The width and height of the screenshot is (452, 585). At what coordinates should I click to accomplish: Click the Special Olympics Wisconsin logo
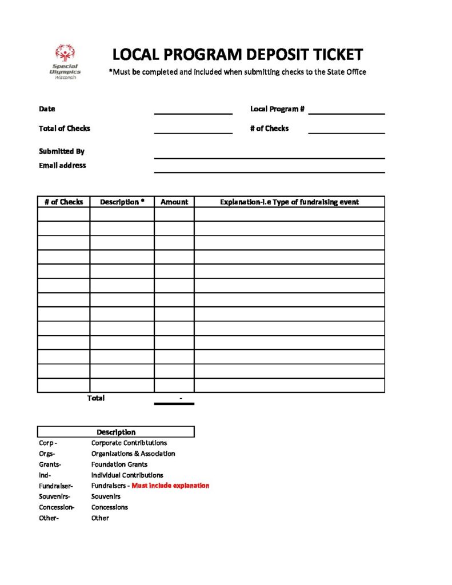click(65, 61)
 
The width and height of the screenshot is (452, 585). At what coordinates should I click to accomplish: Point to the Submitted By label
click(62, 151)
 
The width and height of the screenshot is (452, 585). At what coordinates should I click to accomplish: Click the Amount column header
click(174, 202)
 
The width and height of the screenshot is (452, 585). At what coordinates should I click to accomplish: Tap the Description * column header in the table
click(122, 202)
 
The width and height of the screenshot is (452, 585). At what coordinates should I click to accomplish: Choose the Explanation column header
click(289, 202)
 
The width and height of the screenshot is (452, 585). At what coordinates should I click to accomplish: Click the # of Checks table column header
click(63, 202)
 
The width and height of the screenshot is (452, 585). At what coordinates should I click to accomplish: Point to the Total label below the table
click(96, 398)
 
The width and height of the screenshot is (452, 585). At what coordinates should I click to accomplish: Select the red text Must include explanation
click(170, 486)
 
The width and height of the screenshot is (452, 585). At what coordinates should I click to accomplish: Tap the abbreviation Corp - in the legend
click(48, 443)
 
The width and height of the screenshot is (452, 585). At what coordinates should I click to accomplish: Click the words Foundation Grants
click(119, 464)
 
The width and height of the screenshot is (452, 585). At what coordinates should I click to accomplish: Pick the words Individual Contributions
click(127, 475)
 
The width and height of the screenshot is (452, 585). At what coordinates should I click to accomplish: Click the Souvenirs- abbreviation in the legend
click(55, 496)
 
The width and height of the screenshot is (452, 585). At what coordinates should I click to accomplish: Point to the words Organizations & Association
click(133, 454)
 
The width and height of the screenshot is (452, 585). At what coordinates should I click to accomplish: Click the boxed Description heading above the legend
click(116, 432)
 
